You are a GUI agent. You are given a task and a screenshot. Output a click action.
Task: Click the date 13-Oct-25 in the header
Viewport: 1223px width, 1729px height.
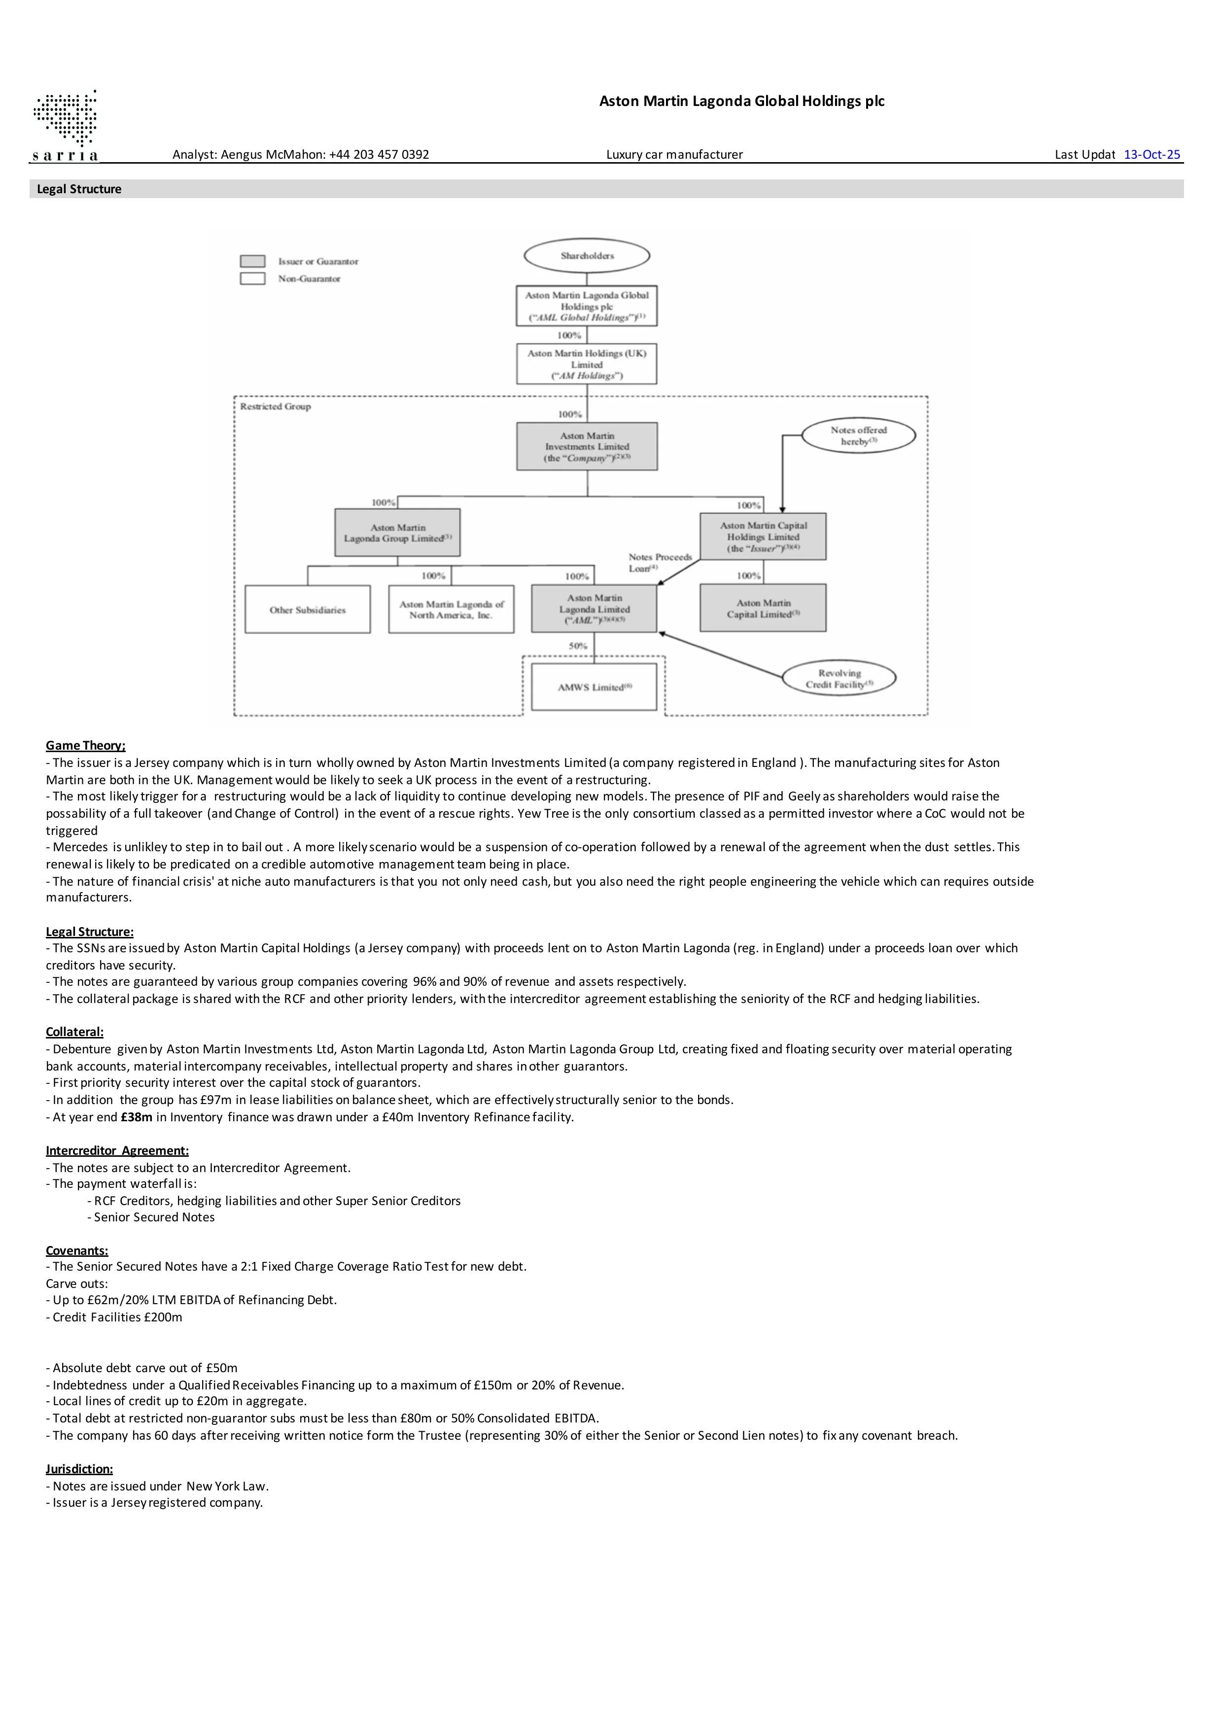tap(1152, 154)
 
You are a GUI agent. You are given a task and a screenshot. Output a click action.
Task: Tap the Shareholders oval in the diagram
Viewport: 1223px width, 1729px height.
tap(587, 256)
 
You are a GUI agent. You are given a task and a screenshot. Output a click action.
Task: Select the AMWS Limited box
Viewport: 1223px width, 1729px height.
tap(594, 687)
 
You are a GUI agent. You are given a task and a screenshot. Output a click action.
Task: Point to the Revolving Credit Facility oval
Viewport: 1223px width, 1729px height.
tap(839, 679)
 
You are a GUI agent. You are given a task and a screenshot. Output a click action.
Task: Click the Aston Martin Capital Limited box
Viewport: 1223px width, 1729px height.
tap(763, 609)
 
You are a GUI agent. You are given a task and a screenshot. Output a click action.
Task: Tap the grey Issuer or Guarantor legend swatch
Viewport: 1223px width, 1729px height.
tap(252, 261)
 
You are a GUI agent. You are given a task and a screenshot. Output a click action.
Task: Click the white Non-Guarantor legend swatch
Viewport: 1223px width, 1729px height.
tap(252, 278)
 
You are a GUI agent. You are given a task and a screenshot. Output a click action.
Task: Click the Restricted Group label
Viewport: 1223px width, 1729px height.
tap(276, 407)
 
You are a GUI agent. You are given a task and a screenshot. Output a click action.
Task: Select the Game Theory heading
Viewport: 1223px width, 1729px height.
tap(86, 746)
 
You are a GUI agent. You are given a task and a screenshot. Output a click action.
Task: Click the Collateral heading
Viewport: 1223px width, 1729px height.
tap(74, 1032)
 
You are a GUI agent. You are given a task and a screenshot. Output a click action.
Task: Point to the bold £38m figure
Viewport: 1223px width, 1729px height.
tap(137, 1117)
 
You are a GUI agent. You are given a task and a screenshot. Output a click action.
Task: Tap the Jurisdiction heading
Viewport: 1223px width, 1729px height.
tap(79, 1468)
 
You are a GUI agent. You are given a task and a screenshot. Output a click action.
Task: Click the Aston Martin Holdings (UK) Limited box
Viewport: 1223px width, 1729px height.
tap(587, 364)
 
